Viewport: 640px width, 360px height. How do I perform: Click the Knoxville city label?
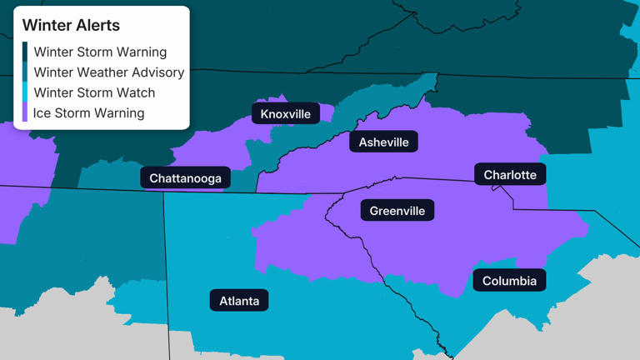click(x=285, y=114)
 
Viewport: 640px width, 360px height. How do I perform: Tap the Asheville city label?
click(x=383, y=142)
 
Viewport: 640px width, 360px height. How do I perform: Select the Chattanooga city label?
click(x=185, y=178)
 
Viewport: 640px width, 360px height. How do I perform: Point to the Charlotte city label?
click(x=510, y=175)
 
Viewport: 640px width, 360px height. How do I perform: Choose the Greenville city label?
click(x=397, y=211)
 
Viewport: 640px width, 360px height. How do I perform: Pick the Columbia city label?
click(x=509, y=281)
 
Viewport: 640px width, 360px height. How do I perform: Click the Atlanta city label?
click(x=239, y=301)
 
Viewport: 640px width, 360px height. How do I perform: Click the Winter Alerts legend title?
click(x=71, y=26)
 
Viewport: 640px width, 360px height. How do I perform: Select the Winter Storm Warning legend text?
click(x=100, y=52)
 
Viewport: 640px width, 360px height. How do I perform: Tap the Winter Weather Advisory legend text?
click(x=108, y=72)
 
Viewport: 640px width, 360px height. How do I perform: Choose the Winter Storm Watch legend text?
click(x=94, y=92)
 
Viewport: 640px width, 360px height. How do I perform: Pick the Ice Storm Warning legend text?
click(x=88, y=112)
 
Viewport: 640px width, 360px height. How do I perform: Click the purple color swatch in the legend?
click(x=25, y=112)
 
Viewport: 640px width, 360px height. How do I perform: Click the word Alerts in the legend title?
click(x=96, y=26)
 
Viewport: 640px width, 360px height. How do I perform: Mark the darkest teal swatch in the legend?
click(x=25, y=52)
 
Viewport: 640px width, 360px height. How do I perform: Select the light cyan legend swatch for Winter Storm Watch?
click(x=25, y=92)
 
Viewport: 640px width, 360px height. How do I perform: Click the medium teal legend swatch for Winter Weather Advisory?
click(x=25, y=72)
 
